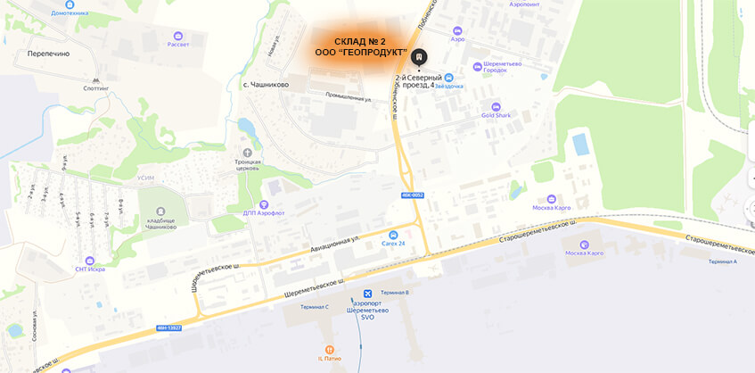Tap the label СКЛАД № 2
(x=360, y=42)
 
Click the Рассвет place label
(x=178, y=45)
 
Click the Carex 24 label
(x=393, y=244)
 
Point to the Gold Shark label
(x=496, y=115)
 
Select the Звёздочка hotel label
(x=448, y=87)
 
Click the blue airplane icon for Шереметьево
(x=367, y=294)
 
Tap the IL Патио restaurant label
(x=330, y=358)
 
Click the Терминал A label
(x=723, y=261)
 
